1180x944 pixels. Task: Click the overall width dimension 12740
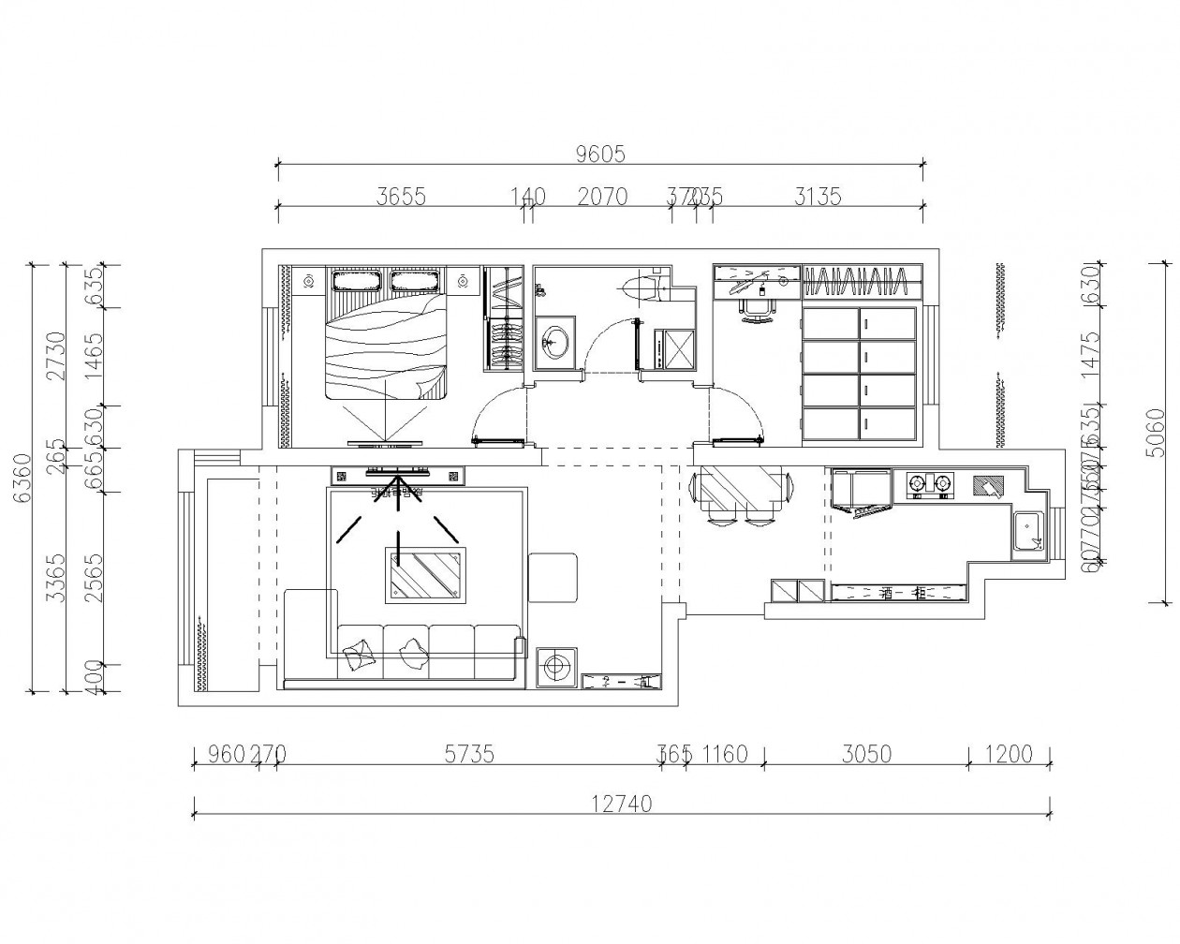click(621, 804)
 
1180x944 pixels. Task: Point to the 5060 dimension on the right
click(1161, 431)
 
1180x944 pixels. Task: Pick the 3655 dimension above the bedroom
click(401, 197)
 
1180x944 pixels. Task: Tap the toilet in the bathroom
click(645, 287)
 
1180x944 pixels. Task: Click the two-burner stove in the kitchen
click(930, 484)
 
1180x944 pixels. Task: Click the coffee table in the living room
click(425, 575)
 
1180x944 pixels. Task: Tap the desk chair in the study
click(759, 310)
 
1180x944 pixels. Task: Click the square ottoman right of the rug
click(553, 578)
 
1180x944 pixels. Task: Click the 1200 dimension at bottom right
click(1009, 754)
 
